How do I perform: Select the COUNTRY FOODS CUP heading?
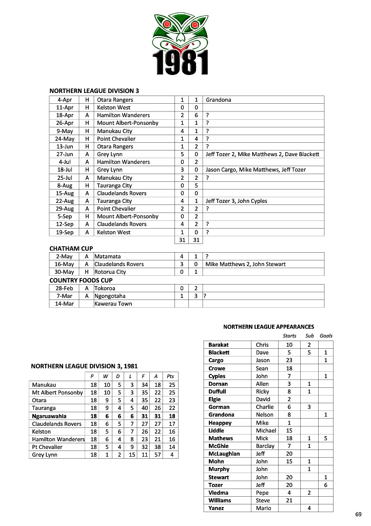[81, 280]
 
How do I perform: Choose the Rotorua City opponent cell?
[110, 272]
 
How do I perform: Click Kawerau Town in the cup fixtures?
[113, 304]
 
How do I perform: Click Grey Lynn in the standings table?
[44, 455]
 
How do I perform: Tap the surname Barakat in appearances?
[219, 345]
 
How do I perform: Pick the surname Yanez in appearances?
[218, 508]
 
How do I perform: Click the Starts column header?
[289, 336]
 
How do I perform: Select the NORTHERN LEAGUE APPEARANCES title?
[269, 327]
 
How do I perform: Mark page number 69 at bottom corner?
[358, 514]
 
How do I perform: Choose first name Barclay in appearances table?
[265, 446]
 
